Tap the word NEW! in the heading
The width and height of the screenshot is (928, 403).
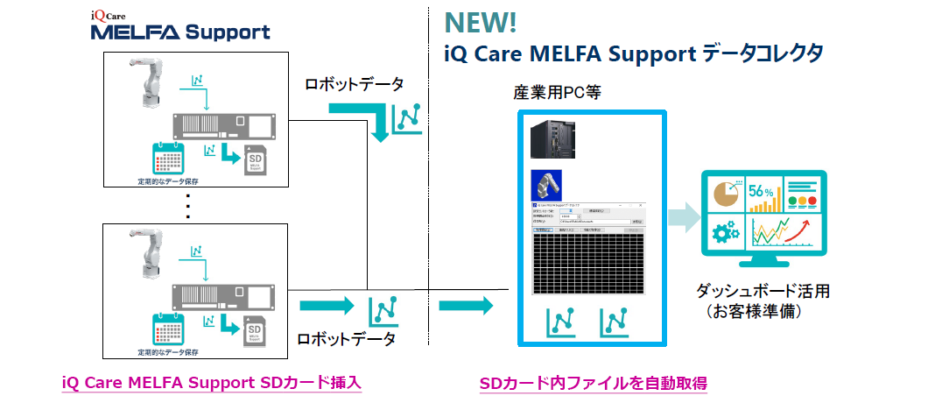pos(481,20)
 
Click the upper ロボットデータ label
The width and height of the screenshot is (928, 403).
pos(354,85)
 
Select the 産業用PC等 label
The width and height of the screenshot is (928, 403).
pos(557,92)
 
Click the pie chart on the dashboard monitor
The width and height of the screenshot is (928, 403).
pos(723,193)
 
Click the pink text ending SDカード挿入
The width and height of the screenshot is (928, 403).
pos(212,384)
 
